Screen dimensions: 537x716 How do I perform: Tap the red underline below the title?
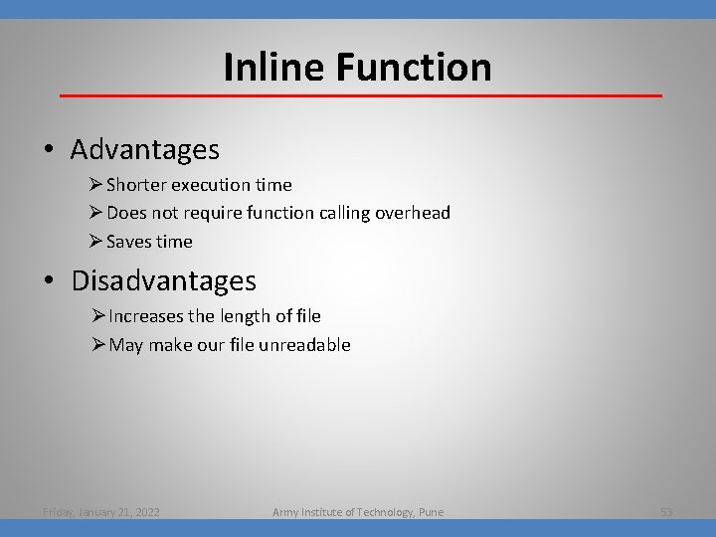tap(360, 95)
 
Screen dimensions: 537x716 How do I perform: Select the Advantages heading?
tap(145, 150)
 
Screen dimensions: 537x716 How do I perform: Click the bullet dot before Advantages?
tap(49, 151)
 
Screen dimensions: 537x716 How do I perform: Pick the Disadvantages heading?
tap(163, 281)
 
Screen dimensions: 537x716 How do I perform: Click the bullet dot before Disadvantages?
tap(49, 282)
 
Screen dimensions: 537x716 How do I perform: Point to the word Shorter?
tap(137, 185)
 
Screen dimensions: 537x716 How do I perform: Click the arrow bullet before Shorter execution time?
tap(95, 185)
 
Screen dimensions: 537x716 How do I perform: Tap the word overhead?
tap(413, 213)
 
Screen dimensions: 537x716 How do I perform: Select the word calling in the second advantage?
tap(340, 213)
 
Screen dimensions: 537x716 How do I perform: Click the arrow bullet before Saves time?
tap(95, 242)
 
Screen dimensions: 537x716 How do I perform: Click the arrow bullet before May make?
tap(96, 345)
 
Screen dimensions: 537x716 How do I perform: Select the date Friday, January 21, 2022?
tap(102, 512)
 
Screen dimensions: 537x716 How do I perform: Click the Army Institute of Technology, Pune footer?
tap(358, 512)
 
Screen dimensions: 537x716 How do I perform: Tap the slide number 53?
tap(666, 512)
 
